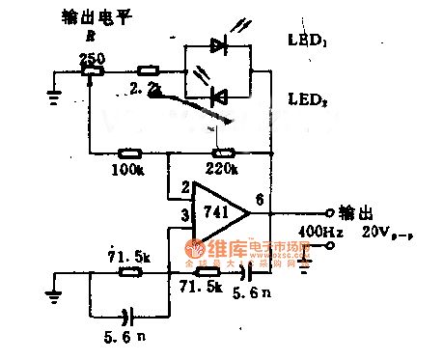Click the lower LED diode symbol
[219, 95]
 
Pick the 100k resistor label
[126, 169]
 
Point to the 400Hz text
[318, 233]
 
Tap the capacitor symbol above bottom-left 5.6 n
[127, 315]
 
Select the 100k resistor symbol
[126, 152]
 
